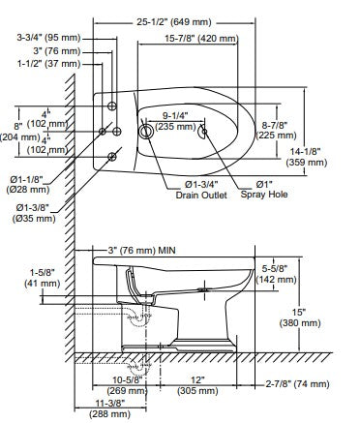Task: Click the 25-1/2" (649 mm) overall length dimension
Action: coord(174,22)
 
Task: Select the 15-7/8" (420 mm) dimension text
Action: coord(201,39)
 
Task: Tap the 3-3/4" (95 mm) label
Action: coord(48,38)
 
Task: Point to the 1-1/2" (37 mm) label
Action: coord(48,64)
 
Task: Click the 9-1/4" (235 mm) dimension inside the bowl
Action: coord(175,121)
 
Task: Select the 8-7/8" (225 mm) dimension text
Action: coord(276,130)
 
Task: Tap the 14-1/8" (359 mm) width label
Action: coord(307,157)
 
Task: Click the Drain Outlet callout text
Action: coord(201,195)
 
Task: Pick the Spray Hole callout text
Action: coord(264,195)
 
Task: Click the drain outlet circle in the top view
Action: coord(146,132)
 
